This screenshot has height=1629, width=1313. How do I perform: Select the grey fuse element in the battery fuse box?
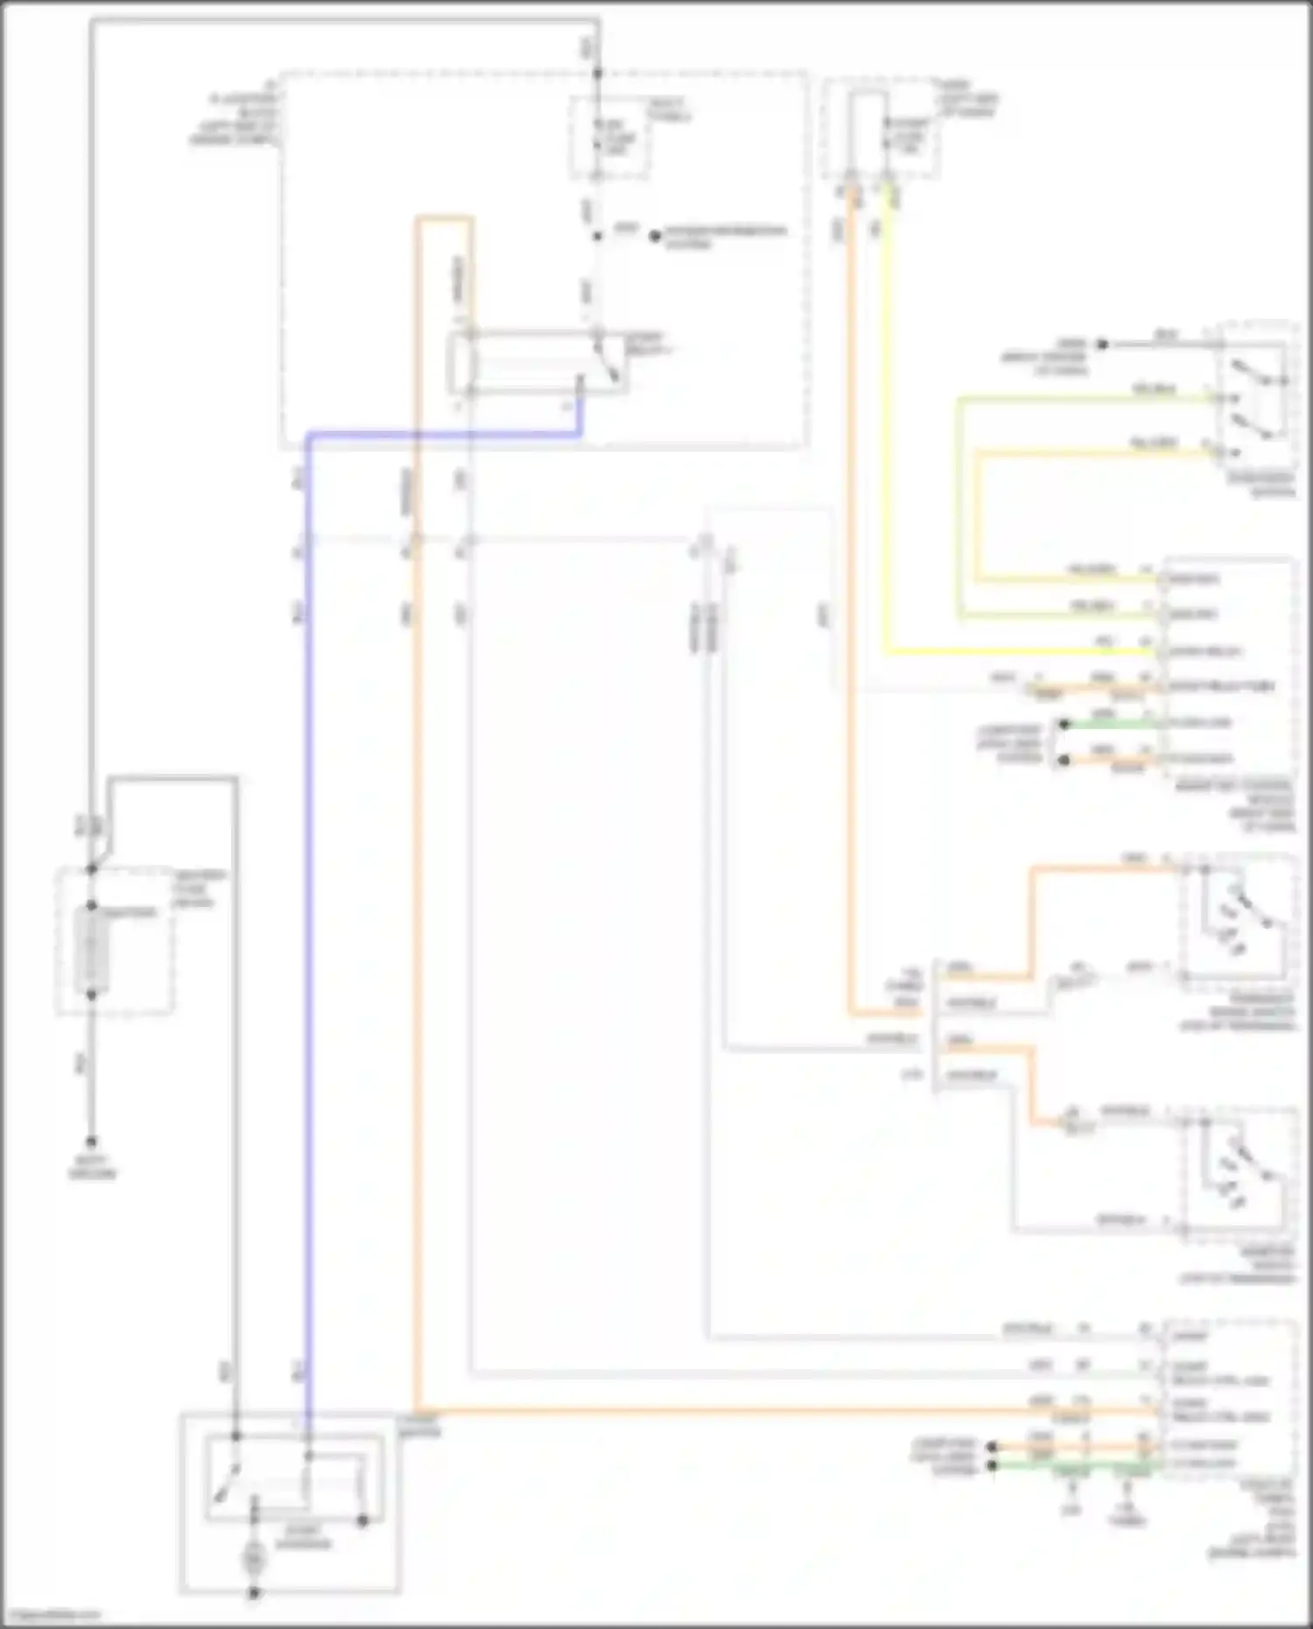coord(91,951)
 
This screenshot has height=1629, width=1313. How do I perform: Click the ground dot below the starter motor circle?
coord(254,1593)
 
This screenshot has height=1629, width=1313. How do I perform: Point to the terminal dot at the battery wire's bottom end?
coord(91,1142)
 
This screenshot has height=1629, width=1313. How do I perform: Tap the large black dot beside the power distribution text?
coord(655,235)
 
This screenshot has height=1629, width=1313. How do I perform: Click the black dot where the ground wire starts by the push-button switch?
coord(1103,344)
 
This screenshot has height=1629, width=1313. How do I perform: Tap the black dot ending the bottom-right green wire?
coord(992,1465)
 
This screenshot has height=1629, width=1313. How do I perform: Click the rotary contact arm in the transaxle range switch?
coord(1247,910)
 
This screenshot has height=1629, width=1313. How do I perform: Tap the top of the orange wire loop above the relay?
coord(446,219)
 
